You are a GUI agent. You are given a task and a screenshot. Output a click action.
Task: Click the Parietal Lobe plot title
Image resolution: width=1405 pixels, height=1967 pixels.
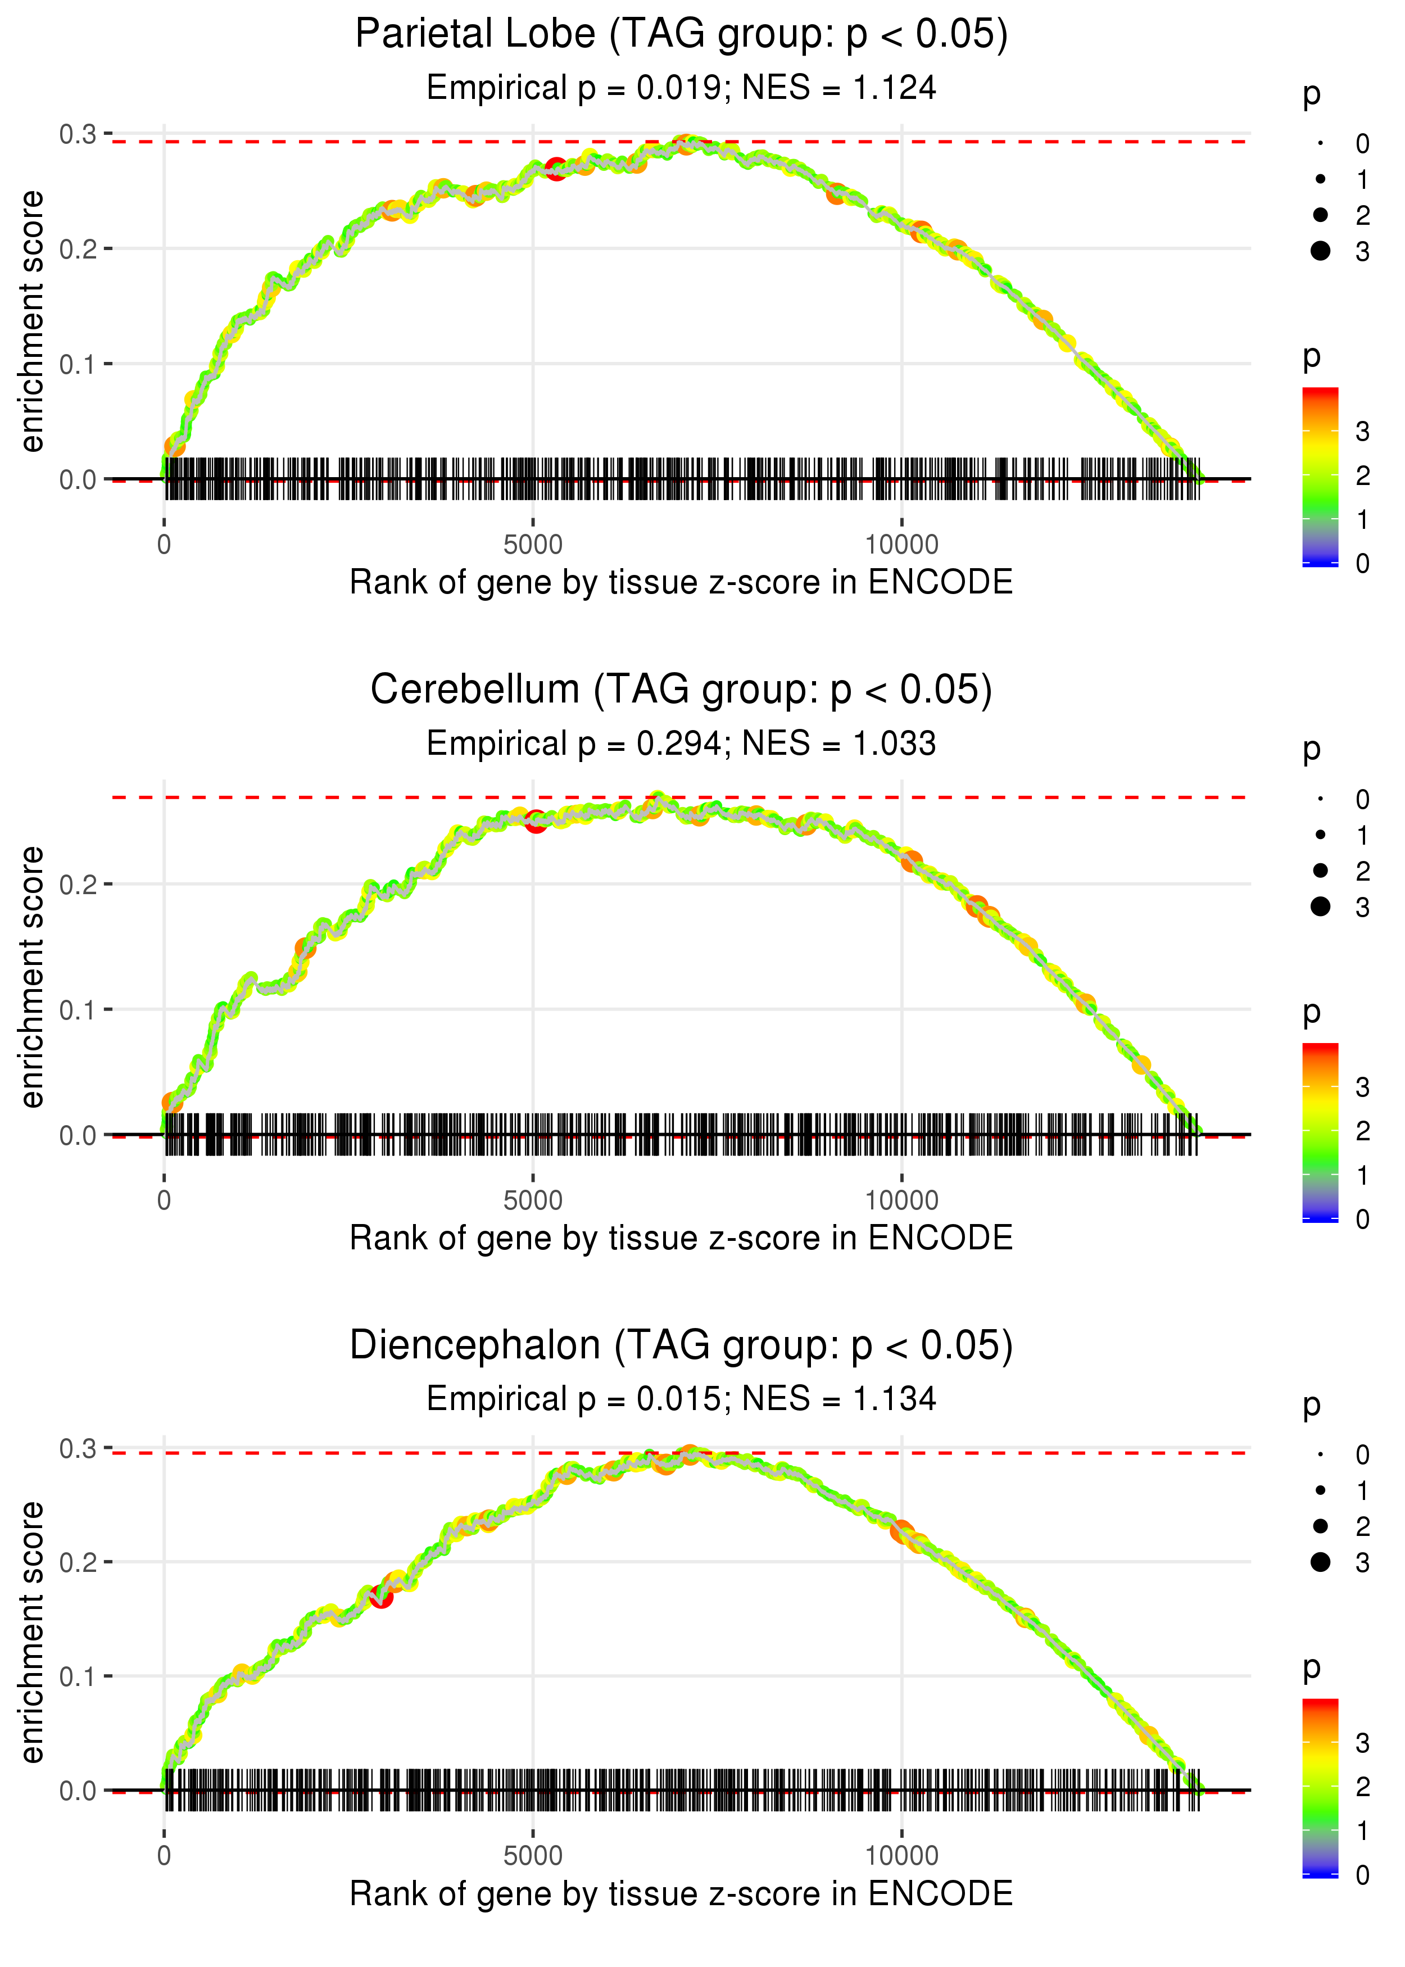[681, 35]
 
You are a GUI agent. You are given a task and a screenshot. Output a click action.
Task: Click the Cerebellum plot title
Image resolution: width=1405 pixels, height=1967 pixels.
[681, 690]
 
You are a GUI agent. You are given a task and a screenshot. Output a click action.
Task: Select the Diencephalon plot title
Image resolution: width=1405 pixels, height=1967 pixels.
[681, 1346]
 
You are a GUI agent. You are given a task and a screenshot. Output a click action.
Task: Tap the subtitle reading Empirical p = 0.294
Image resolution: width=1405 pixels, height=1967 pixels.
[681, 744]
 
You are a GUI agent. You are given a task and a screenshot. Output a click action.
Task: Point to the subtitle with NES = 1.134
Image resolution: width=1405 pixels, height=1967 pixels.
[681, 1399]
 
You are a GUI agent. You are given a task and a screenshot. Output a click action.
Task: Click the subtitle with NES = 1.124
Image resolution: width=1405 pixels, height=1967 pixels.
[681, 88]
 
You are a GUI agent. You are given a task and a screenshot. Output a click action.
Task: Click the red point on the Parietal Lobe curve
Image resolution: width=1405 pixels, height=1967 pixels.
[555, 168]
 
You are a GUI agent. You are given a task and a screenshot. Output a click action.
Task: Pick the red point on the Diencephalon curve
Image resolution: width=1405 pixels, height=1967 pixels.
[380, 1597]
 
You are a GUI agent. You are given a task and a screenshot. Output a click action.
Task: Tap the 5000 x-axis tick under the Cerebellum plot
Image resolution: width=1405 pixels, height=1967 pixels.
[533, 1200]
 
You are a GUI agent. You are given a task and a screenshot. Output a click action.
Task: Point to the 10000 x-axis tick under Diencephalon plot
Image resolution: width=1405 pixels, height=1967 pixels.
[901, 1856]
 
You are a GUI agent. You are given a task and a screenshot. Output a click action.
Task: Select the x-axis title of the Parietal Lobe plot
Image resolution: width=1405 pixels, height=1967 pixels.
[681, 582]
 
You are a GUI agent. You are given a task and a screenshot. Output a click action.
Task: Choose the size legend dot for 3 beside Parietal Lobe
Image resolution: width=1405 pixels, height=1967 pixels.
[1320, 251]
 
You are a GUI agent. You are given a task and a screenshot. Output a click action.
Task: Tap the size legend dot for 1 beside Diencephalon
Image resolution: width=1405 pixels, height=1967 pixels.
[1320, 1491]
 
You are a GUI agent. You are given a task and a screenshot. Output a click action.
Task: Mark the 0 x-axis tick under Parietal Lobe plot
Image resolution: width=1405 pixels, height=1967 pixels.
[164, 545]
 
